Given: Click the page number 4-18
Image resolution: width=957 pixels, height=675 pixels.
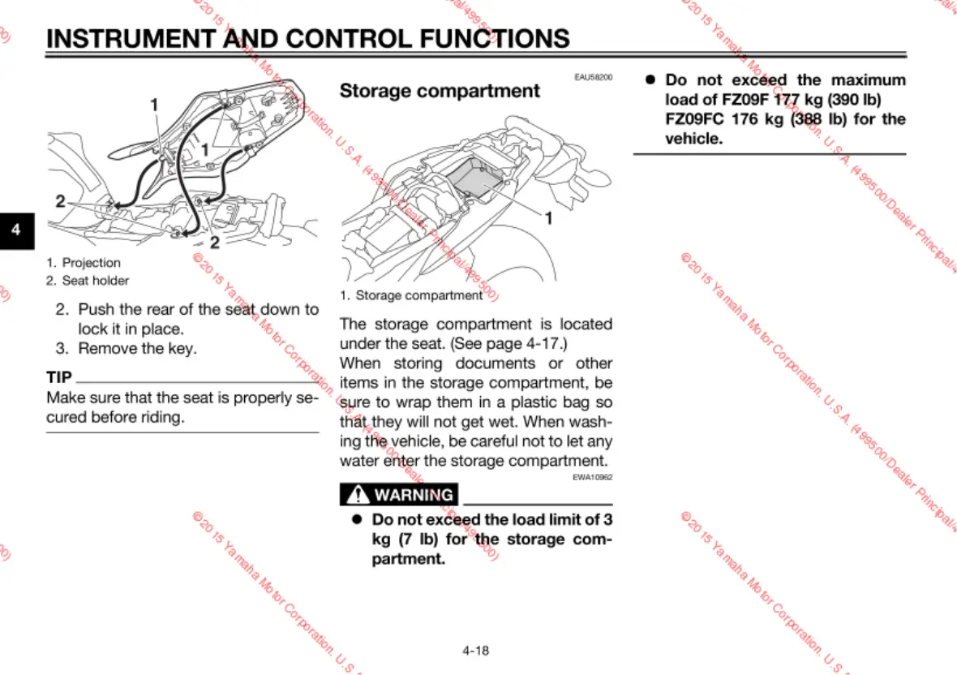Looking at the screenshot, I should point(475,650).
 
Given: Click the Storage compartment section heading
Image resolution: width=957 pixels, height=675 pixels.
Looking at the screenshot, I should point(439,91).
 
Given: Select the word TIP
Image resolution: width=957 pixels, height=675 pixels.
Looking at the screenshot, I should point(59,377).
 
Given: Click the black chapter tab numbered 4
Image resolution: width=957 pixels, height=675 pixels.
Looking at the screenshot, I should point(15,230).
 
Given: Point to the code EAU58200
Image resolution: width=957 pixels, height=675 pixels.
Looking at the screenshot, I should point(594,78).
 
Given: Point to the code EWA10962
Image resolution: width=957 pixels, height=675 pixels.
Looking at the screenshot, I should point(593,477).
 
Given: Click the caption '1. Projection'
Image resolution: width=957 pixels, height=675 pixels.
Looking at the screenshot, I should point(84,263).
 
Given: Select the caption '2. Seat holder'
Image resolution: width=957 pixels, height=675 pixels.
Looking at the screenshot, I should point(88,281).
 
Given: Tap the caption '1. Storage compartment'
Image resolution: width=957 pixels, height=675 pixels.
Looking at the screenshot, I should point(411,295).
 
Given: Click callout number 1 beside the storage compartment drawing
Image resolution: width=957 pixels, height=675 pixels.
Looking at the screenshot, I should point(548,218).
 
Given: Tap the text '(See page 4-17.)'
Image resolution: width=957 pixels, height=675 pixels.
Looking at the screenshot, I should point(509,343).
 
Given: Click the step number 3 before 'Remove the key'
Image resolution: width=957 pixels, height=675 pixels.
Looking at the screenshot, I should point(62,349).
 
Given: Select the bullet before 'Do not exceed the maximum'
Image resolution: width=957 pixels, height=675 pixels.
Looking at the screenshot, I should point(650,80).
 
